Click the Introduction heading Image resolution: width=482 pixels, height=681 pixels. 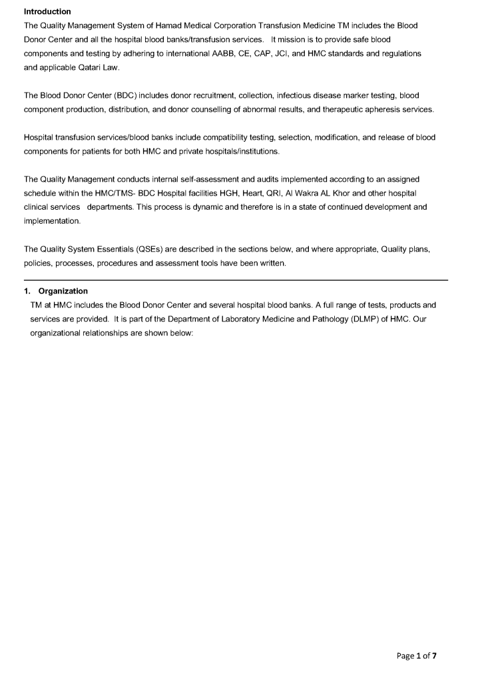(47, 11)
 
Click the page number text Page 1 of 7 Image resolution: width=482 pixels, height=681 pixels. (417, 656)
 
